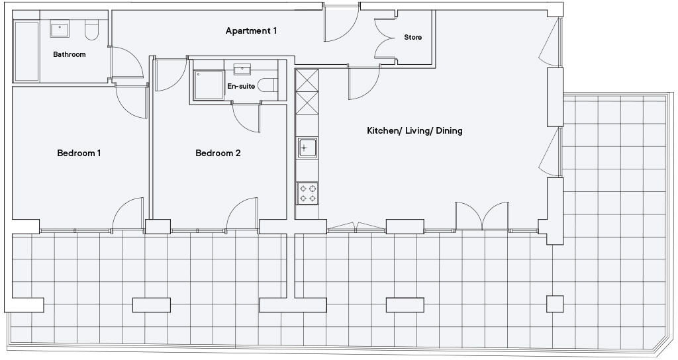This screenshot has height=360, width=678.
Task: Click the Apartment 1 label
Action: pos(251,31)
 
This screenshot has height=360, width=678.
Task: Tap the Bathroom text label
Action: pos(70,54)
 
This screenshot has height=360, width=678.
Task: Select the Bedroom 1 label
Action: pos(79,154)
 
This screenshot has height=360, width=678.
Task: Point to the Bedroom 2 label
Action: pos(218,154)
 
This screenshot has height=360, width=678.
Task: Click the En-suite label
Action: pos(241,87)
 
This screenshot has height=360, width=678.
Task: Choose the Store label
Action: pos(412,38)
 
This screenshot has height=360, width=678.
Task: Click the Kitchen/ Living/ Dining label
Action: pos(414,131)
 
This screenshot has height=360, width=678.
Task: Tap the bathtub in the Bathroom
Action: pos(27,51)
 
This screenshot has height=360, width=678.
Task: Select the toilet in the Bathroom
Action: pos(91,30)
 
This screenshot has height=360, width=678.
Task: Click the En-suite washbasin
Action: pos(242,69)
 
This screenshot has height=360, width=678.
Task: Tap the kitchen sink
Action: pos(307,148)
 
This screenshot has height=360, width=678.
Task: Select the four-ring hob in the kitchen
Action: pos(307,193)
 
